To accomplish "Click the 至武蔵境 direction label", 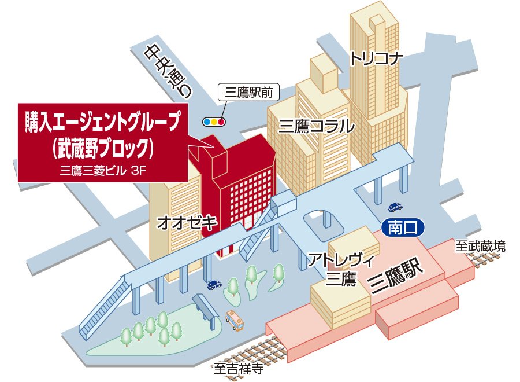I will click(x=481, y=246).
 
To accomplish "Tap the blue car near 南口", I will click(x=395, y=207).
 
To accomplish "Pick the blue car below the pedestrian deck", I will click(x=214, y=285).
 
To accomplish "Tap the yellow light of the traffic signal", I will click(x=214, y=122).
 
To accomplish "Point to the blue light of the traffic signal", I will click(x=207, y=122).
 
